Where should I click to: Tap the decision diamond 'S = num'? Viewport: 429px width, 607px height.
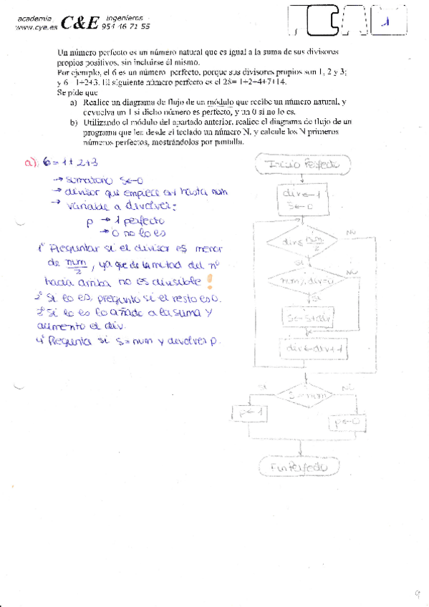coord(302,394)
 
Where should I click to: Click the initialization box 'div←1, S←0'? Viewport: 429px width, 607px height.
coord(303,199)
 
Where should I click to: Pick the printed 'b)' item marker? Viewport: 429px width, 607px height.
coord(74,122)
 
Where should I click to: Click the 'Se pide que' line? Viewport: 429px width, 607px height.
coord(77,92)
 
